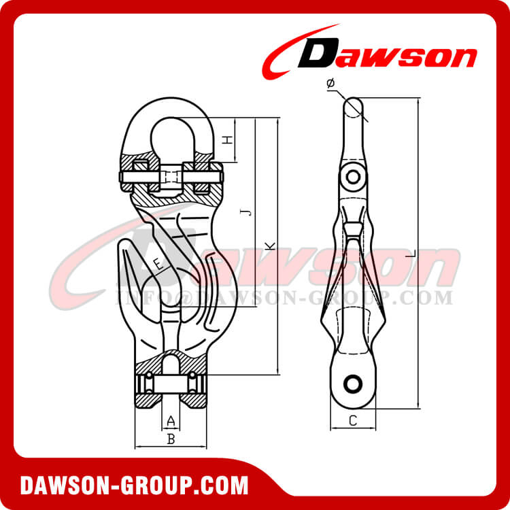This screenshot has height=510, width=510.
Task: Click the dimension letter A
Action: tap(171, 420)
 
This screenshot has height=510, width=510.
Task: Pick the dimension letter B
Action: tap(171, 439)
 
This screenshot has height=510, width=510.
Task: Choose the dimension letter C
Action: tap(352, 421)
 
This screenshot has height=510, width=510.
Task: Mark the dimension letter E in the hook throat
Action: tap(158, 264)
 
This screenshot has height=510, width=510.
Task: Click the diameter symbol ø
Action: tap(330, 83)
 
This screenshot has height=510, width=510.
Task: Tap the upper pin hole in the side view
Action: tap(352, 177)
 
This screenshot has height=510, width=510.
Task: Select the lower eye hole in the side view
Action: tap(352, 383)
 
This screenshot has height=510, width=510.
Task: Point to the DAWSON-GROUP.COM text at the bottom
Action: tap(134, 486)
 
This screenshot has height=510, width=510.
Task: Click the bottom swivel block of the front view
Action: tap(171, 384)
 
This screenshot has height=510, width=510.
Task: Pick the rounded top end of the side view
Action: tap(354, 105)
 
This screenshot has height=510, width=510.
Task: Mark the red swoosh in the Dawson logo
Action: tap(286, 51)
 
